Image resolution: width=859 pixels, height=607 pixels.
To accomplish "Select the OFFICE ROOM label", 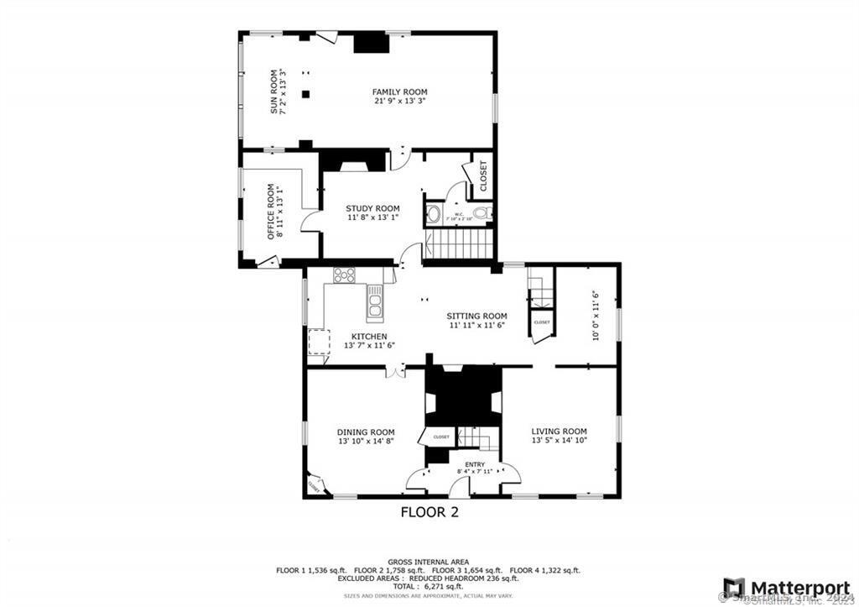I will click(271, 211).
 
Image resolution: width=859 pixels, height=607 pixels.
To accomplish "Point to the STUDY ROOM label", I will click(372, 208).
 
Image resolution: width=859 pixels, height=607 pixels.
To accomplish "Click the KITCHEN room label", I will click(369, 337).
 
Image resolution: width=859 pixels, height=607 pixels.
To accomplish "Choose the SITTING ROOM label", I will click(477, 316).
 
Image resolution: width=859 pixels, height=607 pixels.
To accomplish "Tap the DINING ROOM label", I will click(366, 432).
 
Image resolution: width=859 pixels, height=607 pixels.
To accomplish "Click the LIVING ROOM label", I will click(559, 432).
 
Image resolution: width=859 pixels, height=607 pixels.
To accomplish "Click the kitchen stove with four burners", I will click(344, 274).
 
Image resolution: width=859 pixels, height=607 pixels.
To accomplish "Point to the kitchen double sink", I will click(375, 300).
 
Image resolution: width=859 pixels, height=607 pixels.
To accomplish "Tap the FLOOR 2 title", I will click(429, 511).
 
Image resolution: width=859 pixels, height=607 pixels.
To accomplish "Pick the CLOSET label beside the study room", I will click(483, 175).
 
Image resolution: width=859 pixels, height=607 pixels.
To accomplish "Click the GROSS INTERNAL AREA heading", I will click(428, 562).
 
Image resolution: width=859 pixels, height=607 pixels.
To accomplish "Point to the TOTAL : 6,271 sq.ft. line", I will click(428, 587).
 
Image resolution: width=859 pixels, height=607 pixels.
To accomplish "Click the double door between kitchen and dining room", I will click(394, 370).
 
